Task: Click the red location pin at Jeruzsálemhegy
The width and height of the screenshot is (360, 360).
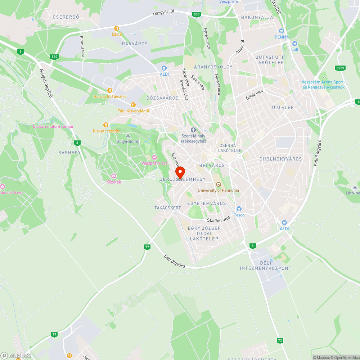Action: [x=180, y=172]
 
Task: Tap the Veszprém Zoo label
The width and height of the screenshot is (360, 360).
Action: [x=155, y=163]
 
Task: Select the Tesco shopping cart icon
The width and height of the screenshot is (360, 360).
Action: [x=238, y=209]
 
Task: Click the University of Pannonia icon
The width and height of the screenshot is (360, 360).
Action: [x=218, y=184]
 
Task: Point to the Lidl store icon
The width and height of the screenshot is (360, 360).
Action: [x=294, y=43]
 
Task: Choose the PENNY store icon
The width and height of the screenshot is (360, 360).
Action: [x=282, y=31]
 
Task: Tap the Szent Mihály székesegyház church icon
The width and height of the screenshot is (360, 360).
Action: [x=193, y=130]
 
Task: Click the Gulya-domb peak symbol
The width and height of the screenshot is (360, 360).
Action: [x=128, y=135]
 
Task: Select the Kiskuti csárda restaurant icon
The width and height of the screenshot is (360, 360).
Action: [x=105, y=125]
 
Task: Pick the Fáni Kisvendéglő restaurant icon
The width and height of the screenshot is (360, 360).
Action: [x=133, y=104]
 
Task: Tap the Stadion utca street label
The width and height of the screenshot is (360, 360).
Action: [x=218, y=219]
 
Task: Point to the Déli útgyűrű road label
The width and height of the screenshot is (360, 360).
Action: [x=174, y=261]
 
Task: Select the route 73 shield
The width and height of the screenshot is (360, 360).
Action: [x=280, y=340]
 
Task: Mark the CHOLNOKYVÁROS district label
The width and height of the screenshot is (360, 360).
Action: [x=280, y=159]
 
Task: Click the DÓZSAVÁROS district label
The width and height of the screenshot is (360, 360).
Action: [x=162, y=98]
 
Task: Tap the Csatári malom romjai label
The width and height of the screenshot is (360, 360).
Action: [x=53, y=126]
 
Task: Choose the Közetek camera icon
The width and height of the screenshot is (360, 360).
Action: [x=114, y=176]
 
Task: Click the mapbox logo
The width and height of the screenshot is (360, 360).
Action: [x=16, y=355]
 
